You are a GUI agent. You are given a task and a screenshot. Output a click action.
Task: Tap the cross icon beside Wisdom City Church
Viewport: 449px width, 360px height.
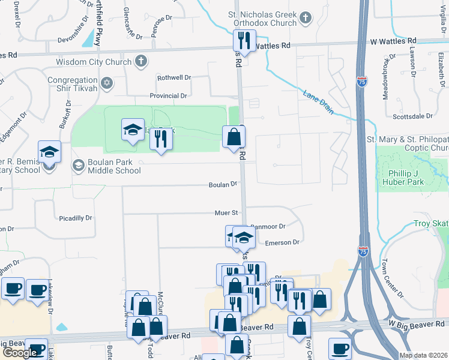(141, 61)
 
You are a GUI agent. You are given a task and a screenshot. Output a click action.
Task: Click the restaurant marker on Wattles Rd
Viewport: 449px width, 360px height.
(244, 41)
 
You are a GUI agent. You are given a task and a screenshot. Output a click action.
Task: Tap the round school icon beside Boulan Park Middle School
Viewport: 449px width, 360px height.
(78, 165)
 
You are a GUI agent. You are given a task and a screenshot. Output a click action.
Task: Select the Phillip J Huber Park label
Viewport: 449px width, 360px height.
(402, 178)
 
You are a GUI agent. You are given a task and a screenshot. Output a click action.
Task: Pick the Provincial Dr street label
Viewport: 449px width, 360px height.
(168, 96)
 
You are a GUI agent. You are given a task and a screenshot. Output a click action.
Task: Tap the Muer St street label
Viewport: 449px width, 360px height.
(227, 212)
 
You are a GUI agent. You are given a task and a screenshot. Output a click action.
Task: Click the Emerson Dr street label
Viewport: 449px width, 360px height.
(282, 242)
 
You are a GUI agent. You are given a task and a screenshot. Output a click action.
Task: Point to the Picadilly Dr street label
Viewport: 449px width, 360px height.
(76, 218)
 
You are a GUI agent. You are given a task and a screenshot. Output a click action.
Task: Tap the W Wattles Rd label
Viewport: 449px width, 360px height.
(393, 41)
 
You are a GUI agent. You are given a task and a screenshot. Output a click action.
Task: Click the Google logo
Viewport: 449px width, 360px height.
(20, 353)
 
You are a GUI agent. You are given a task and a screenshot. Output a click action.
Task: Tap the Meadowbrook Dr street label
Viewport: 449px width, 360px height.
(386, 75)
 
